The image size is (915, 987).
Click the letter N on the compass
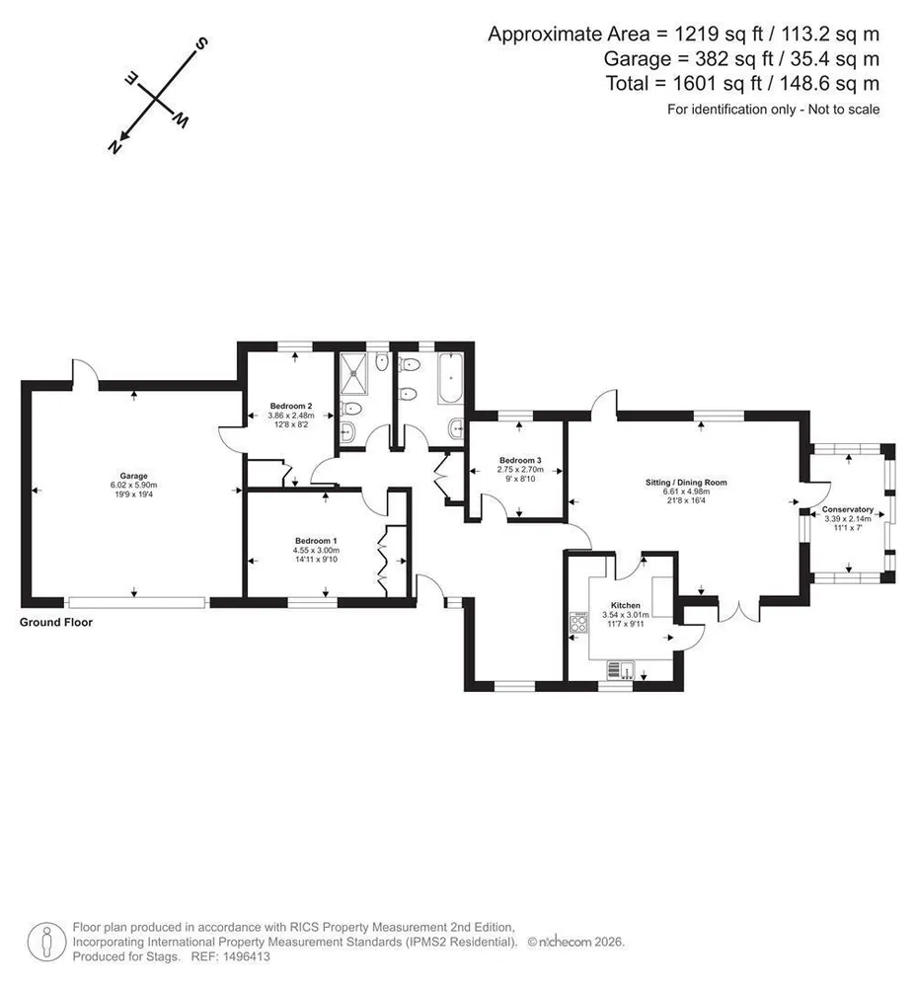115,147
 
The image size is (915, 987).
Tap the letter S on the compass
201,44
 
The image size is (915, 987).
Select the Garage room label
133,476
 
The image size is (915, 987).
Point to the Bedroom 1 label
316,541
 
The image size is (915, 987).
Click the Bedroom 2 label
291,406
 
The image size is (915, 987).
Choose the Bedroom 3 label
520,460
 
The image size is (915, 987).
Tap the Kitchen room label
626,605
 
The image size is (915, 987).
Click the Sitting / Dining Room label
686,483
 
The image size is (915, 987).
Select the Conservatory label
848,509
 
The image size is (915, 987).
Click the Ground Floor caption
56,622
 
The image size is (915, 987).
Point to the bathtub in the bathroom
450,379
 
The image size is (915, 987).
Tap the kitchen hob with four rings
579,622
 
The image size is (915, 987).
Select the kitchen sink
621,670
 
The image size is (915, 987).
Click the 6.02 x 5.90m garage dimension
133,486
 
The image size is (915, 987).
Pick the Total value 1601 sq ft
717,83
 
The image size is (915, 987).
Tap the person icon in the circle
46,942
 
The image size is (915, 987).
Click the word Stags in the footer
164,956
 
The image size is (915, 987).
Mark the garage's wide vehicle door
136,602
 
